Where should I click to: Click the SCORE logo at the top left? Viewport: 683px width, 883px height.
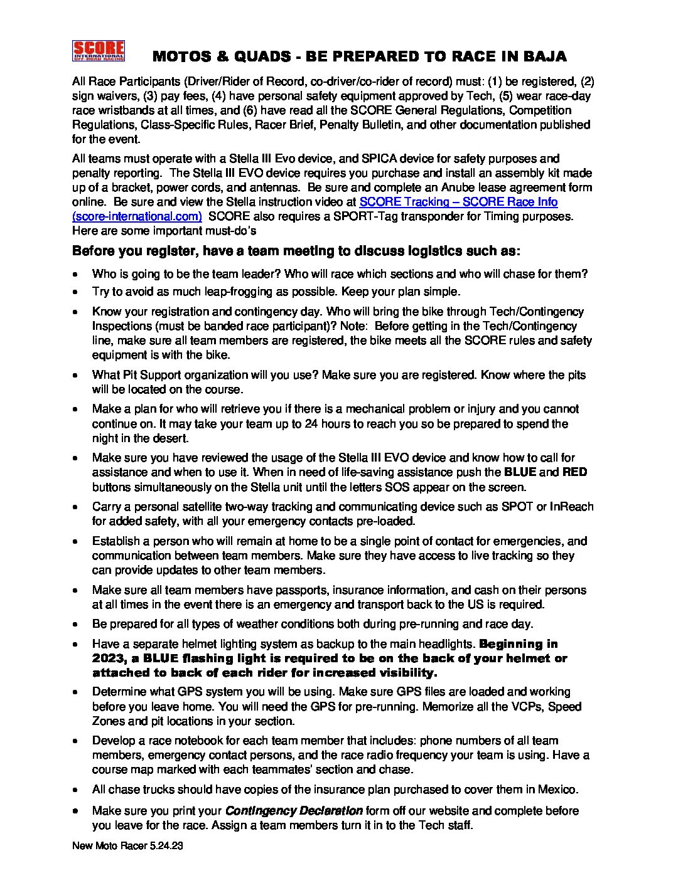click(x=99, y=51)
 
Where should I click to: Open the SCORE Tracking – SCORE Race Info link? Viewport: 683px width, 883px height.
click(x=458, y=202)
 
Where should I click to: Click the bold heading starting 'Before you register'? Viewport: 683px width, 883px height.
click(x=296, y=251)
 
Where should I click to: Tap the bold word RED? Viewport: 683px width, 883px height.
click(x=574, y=472)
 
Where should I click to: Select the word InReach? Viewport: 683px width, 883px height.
click(x=571, y=507)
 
